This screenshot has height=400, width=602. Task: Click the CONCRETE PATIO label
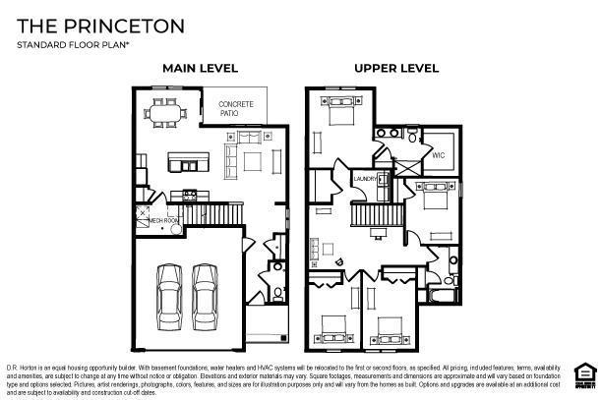coord(235,109)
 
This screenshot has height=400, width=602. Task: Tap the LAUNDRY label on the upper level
coord(366,178)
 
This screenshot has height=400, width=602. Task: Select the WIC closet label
coord(438,153)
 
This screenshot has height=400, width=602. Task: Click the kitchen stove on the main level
coord(190,195)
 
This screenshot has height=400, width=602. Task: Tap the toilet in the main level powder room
coord(278,292)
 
